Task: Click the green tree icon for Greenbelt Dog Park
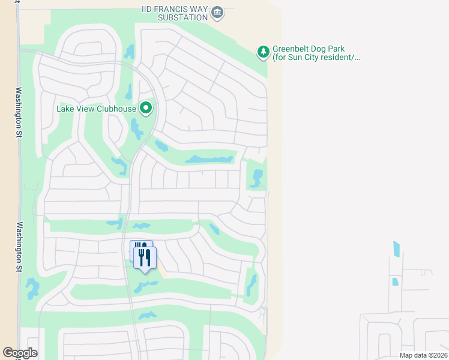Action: pyautogui.click(x=263, y=52)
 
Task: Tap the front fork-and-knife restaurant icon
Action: pyautogui.click(x=145, y=258)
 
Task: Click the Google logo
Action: pyautogui.click(x=20, y=353)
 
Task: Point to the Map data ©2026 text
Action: pyautogui.click(x=422, y=355)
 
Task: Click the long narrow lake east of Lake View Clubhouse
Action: pyautogui.click(x=208, y=160)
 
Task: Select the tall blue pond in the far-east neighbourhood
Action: pyautogui.click(x=396, y=248)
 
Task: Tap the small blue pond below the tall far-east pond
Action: pyautogui.click(x=394, y=281)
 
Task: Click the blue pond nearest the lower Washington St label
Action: pyautogui.click(x=32, y=289)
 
